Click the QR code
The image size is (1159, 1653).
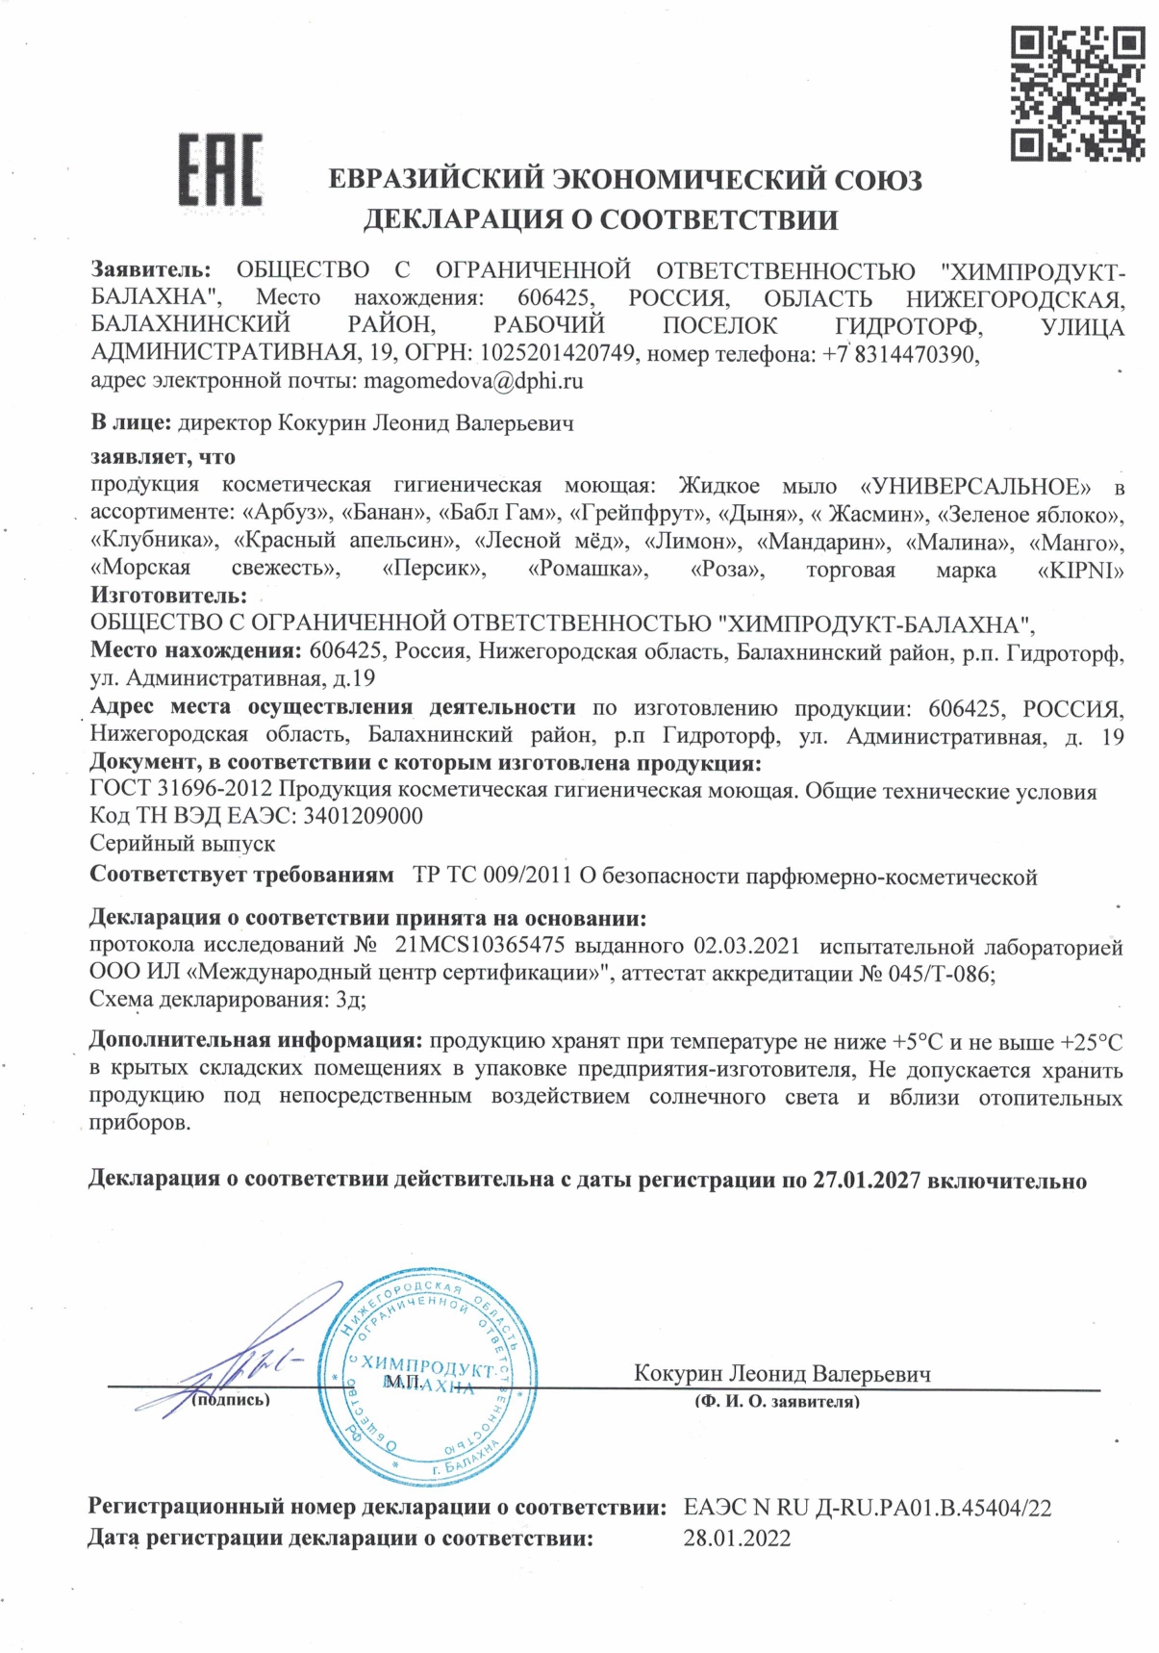(1076, 93)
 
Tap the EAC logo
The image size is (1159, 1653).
(220, 169)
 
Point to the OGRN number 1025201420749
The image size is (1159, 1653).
(558, 354)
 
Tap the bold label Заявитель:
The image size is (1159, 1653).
(150, 270)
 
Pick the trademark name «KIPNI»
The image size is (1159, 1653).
(1081, 571)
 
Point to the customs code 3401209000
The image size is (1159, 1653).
(363, 816)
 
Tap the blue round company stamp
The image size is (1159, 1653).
(429, 1383)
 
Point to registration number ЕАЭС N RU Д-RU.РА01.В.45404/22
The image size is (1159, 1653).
(868, 1508)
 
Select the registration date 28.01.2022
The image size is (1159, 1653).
(737, 1538)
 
